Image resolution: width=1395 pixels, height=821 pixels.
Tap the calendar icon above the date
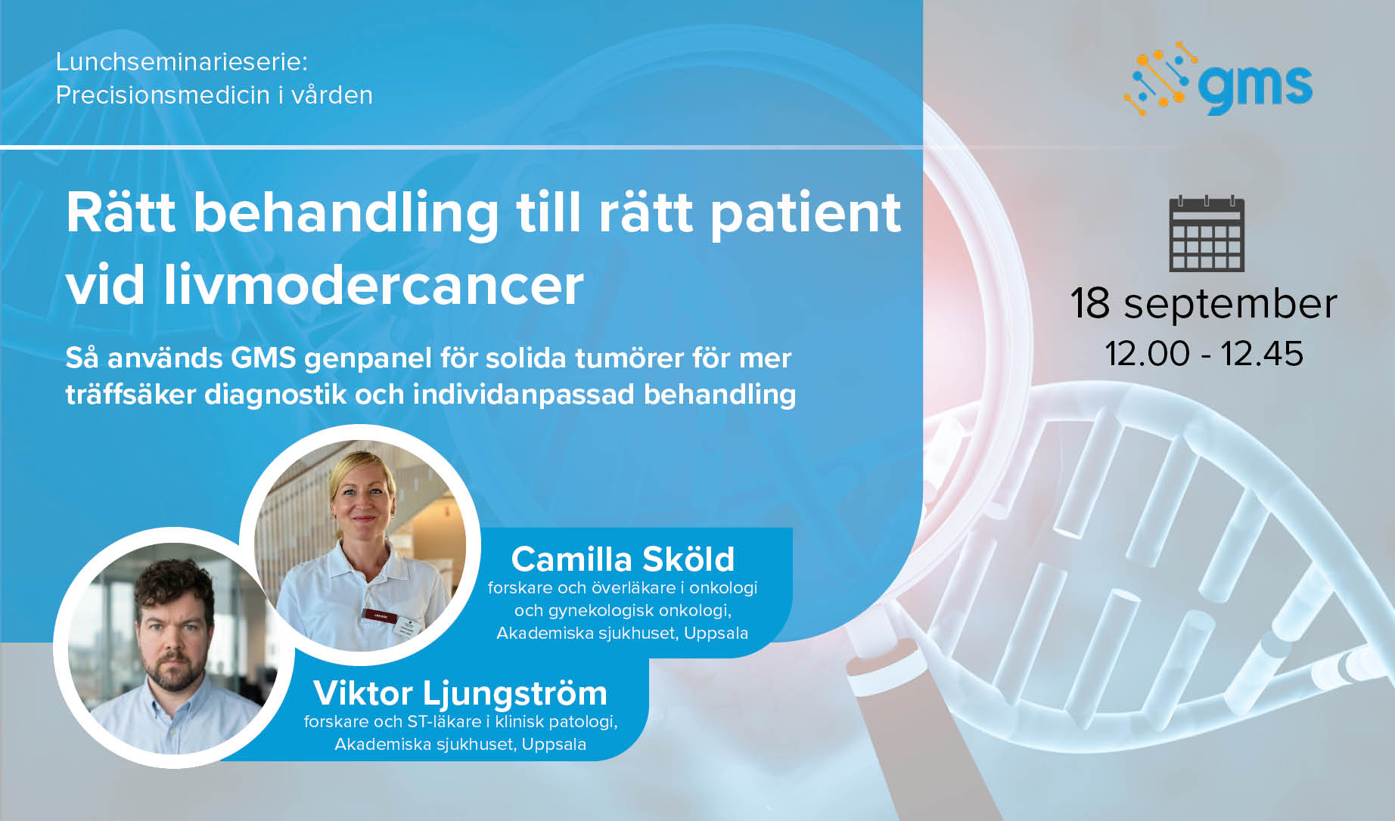click(x=1207, y=234)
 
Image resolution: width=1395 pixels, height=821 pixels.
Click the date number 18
click(x=1090, y=303)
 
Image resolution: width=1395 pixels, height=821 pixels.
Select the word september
click(x=1230, y=306)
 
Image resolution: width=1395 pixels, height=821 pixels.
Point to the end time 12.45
click(x=1262, y=354)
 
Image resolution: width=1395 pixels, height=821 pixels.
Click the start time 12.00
click(x=1147, y=354)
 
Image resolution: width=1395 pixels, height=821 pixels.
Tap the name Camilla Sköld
click(x=623, y=559)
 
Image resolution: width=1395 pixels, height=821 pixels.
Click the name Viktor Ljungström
click(x=460, y=693)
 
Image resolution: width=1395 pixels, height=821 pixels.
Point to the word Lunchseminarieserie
click(x=182, y=61)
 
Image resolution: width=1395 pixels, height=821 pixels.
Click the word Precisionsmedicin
click(x=163, y=95)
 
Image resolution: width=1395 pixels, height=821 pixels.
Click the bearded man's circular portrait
click(x=173, y=648)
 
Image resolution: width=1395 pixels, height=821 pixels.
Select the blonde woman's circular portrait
click(x=360, y=545)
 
